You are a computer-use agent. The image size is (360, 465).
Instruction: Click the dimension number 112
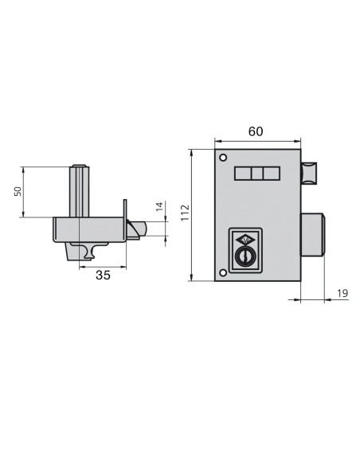tap(183, 213)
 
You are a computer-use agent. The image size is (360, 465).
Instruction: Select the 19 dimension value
tap(341, 294)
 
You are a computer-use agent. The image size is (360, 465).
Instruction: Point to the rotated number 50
tap(18, 191)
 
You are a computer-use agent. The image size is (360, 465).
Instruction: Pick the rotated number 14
tap(158, 209)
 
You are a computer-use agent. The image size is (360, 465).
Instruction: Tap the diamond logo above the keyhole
tap(247, 240)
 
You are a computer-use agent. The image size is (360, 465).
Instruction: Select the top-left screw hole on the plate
tap(224, 156)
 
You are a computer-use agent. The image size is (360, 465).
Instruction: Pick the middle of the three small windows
tap(256, 174)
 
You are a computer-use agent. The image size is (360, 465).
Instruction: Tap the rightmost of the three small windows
tap(271, 174)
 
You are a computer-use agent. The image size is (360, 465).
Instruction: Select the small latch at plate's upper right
tap(308, 171)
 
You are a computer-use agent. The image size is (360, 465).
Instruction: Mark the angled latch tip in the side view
tap(138, 230)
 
